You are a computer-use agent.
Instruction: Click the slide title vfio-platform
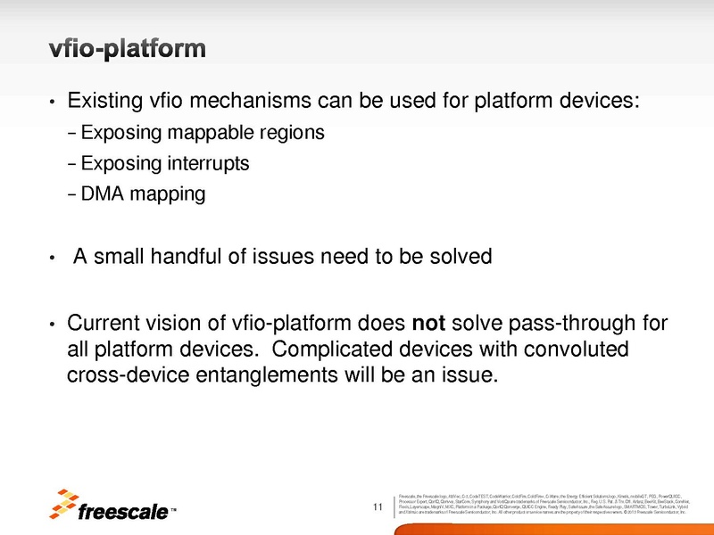click(x=128, y=47)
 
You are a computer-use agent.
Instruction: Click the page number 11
click(x=378, y=508)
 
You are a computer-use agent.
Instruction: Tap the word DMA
click(x=99, y=193)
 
